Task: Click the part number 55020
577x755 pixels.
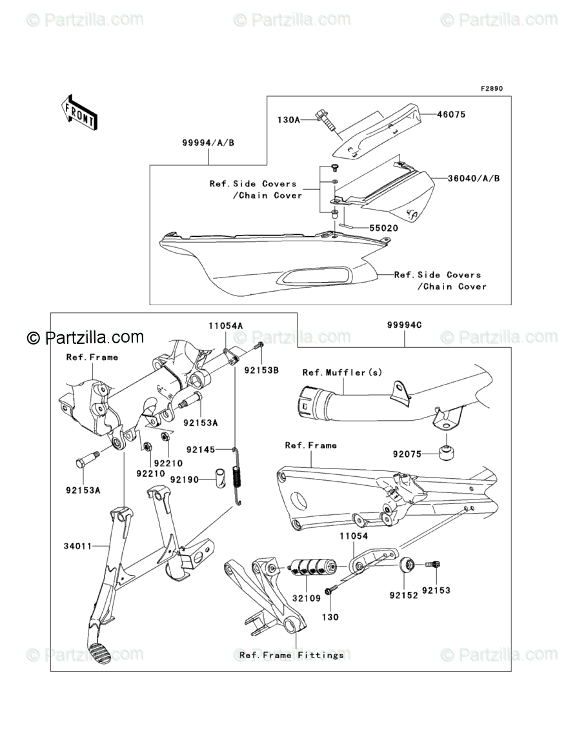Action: coord(383,228)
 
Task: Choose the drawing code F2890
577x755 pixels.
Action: coord(490,89)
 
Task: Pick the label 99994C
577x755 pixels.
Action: coord(405,325)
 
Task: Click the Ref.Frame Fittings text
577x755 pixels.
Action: coord(292,655)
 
